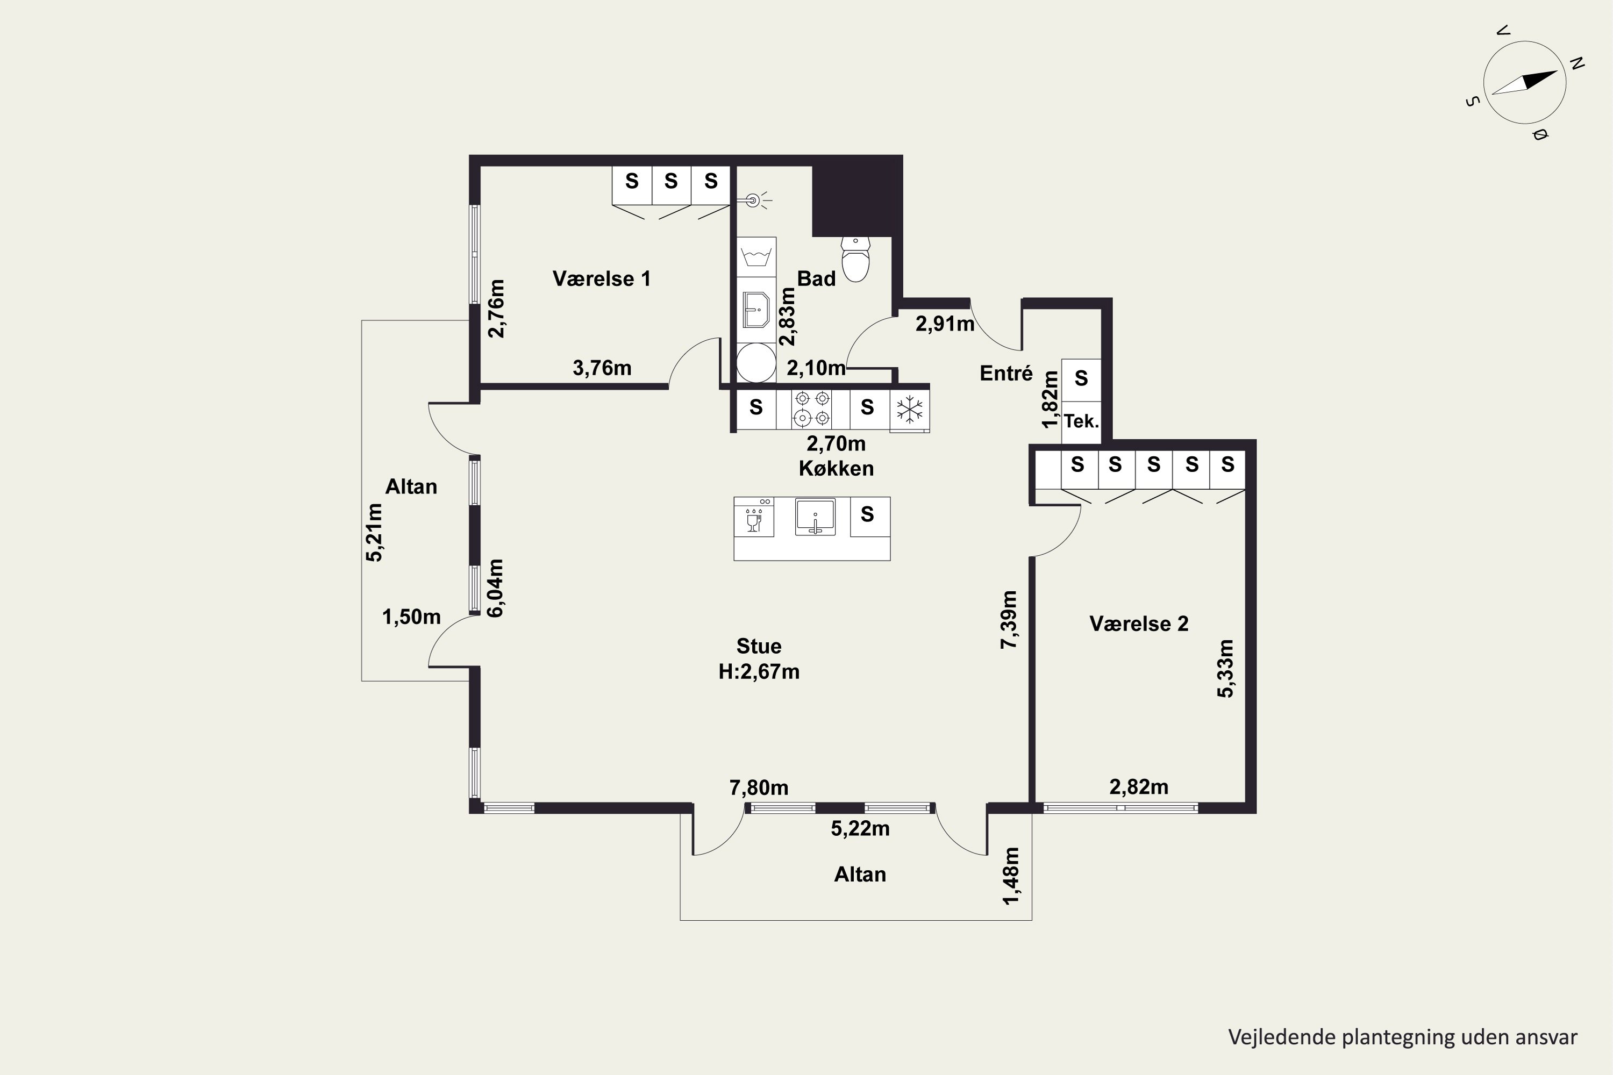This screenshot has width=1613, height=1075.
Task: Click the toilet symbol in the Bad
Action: pyautogui.click(x=855, y=259)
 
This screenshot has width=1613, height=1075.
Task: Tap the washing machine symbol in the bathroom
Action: pyautogui.click(x=756, y=257)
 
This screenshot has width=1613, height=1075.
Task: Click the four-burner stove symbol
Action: pyautogui.click(x=812, y=408)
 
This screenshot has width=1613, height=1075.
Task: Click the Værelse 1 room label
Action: pyautogui.click(x=602, y=279)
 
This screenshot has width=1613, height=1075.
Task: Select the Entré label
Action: pyautogui.click(x=1006, y=373)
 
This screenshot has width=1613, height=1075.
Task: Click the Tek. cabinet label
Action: pyautogui.click(x=1081, y=421)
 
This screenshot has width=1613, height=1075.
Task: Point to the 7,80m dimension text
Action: pyautogui.click(x=759, y=788)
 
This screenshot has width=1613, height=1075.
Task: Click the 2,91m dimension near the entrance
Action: pyautogui.click(x=945, y=324)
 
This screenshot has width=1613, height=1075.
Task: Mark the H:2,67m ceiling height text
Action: pyautogui.click(x=759, y=671)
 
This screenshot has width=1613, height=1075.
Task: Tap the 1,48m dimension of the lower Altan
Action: pyautogui.click(x=1011, y=876)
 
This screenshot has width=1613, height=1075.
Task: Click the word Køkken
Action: pyautogui.click(x=836, y=468)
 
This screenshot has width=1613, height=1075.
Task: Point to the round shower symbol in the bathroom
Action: pyautogui.click(x=756, y=363)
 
